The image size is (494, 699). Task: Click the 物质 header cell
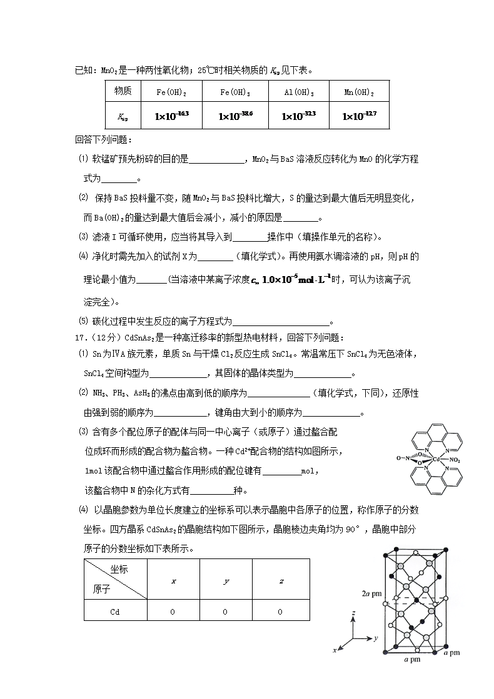point(123,91)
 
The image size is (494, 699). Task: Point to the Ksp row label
point(123,116)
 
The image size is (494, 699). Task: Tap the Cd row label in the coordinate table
point(114,612)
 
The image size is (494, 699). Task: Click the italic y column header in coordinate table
point(225,581)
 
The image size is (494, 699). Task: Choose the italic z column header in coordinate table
point(281,581)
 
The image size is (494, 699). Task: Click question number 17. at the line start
point(79,338)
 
